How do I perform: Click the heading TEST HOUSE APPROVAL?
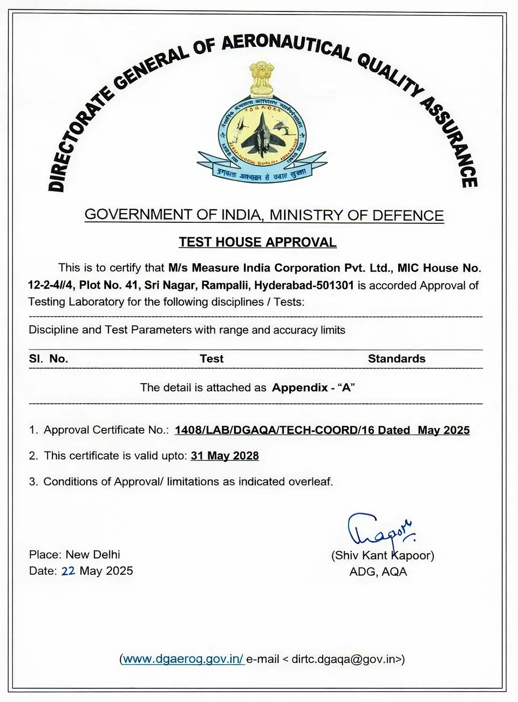258,242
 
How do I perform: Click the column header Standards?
397,359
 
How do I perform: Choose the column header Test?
212,359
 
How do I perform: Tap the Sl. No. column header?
49,359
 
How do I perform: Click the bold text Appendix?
300,387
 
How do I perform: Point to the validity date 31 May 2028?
225,456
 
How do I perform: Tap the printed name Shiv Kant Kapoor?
383,555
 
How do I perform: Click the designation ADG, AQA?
378,572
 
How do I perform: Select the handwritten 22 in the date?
68,571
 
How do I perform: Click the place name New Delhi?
93,555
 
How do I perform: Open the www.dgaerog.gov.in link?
183,659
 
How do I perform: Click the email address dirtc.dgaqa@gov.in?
346,659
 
